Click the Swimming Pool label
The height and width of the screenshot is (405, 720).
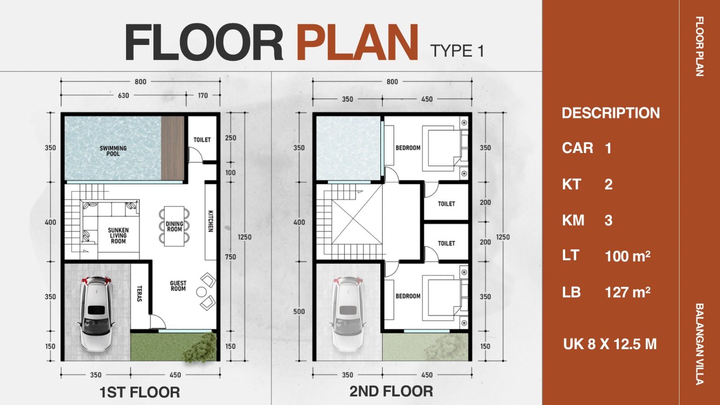pos(113,151)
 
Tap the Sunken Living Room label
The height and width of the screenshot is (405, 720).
pos(118,236)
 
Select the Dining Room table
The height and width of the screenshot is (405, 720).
pos(174,226)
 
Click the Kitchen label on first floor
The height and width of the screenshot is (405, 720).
pos(211,221)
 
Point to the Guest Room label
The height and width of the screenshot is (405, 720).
pos(178,286)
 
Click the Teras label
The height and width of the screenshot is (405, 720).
pos(139,294)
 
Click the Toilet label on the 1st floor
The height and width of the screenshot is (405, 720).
pos(202,140)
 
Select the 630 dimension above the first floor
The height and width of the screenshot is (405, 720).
pos(123,95)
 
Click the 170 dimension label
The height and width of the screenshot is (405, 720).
pos(203,95)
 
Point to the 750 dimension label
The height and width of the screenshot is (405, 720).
pos(230,257)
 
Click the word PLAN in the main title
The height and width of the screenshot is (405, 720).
pos(357,42)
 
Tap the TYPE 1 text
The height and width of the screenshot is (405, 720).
pos(457,51)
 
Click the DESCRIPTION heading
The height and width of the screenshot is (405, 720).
pos(611,113)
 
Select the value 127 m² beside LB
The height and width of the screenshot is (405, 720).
pos(627,292)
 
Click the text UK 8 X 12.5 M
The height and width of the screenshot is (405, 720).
pos(610,344)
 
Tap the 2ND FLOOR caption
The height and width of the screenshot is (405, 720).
pos(391,391)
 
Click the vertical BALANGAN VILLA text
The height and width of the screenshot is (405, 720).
pos(699,344)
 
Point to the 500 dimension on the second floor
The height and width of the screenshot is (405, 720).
pos(299,311)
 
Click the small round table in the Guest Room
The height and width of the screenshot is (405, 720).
pos(202,292)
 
